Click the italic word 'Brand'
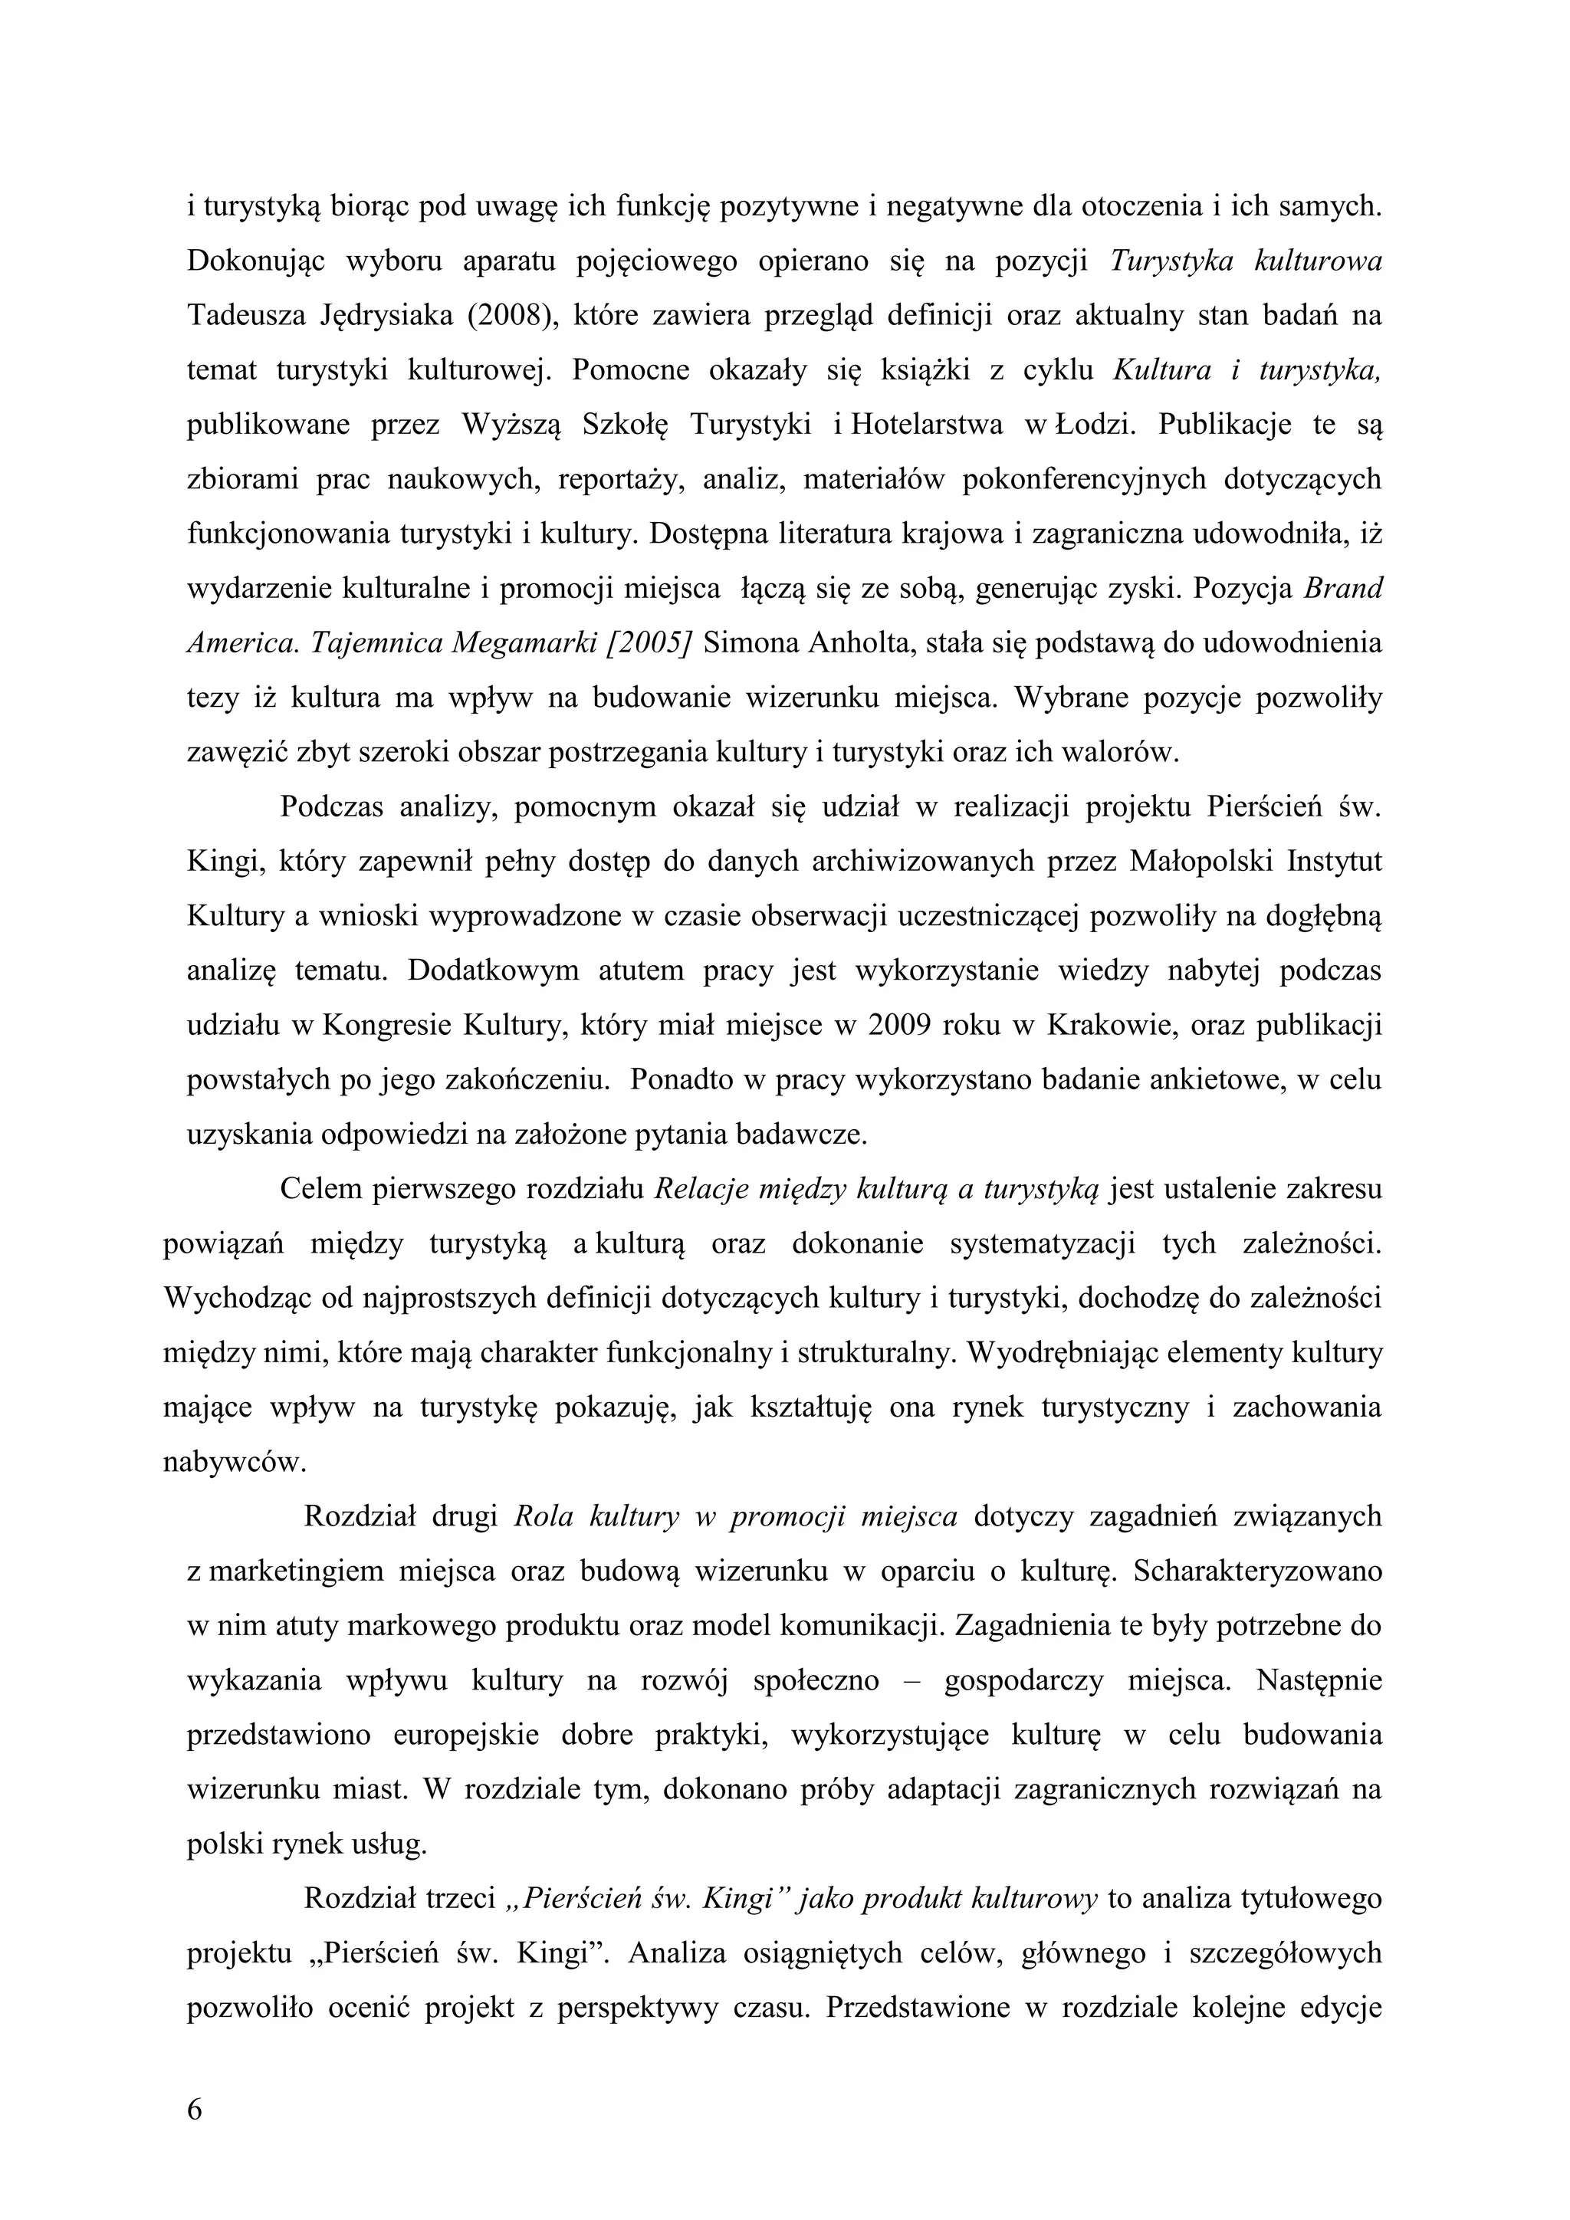pyautogui.click(x=1343, y=588)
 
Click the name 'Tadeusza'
pyautogui.click(x=244, y=316)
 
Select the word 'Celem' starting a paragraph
pyautogui.click(x=318, y=1188)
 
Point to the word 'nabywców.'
pyautogui.click(x=235, y=1461)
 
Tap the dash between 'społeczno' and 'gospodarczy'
pyautogui.click(x=911, y=1680)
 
